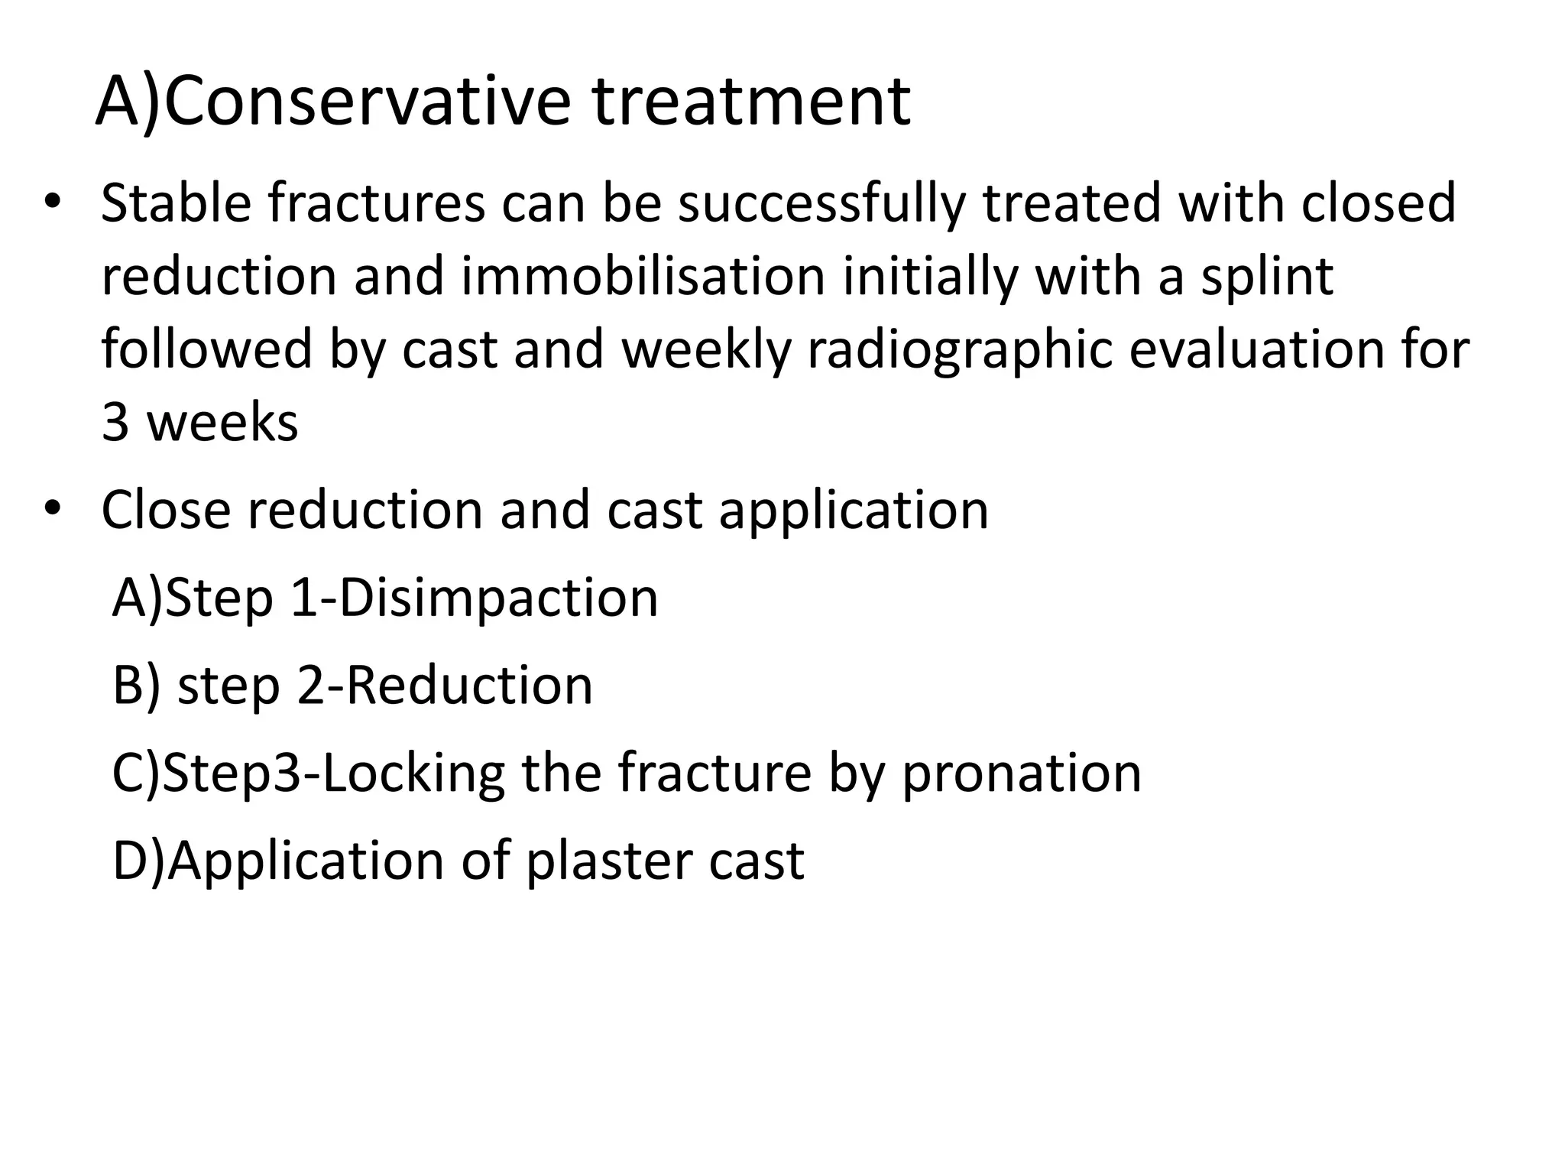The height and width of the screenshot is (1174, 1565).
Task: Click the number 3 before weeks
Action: [115, 422]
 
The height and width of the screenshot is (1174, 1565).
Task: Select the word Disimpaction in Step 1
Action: [498, 598]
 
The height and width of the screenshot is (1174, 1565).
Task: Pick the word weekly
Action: [706, 349]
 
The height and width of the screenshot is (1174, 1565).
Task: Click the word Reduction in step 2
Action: [469, 686]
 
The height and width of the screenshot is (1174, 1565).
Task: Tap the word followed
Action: [206, 349]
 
